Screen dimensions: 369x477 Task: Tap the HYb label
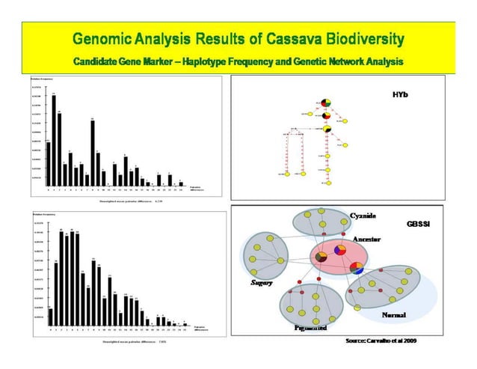point(401,95)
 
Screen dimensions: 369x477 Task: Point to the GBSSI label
point(417,224)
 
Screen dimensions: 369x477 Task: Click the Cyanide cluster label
point(368,216)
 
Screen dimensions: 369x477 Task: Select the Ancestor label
point(366,238)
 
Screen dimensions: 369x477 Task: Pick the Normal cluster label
point(393,315)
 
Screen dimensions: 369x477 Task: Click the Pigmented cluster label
point(306,328)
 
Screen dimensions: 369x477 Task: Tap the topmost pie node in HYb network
point(326,103)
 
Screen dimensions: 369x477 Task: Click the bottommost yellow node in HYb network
point(328,183)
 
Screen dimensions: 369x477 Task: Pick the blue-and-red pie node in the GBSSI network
point(357,267)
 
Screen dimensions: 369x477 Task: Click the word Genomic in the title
point(104,38)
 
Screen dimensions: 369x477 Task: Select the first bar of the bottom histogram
point(50,318)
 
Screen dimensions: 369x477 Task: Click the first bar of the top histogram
point(48,163)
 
